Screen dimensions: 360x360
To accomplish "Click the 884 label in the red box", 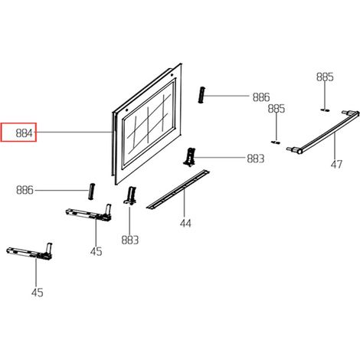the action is click(25, 133).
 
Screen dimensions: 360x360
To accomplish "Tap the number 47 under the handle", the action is click(336, 164).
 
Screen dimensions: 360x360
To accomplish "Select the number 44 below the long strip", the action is click(185, 224).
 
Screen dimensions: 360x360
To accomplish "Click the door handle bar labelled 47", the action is click(323, 133).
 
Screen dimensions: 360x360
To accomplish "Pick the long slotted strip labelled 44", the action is click(178, 189).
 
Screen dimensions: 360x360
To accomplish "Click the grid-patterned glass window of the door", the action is click(149, 123).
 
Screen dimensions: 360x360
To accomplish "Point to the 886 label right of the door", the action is click(261, 97).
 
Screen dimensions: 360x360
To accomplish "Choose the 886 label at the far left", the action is click(25, 190).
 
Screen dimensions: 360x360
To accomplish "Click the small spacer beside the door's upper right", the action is click(201, 95).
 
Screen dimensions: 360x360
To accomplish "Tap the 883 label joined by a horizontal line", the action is click(256, 159).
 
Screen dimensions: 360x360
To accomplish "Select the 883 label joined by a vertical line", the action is click(130, 240).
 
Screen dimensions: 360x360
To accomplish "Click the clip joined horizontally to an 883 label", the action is click(189, 157).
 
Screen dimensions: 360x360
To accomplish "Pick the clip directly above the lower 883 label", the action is click(130, 195).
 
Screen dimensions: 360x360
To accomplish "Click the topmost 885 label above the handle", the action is click(325, 77).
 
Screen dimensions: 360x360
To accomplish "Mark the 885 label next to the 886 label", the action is click(277, 109).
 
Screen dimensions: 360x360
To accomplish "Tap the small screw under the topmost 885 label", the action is click(325, 110).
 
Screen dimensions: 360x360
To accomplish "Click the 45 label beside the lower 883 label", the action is click(96, 252).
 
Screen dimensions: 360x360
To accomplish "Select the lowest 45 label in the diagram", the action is click(38, 293).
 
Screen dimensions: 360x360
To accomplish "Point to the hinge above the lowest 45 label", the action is click(30, 252).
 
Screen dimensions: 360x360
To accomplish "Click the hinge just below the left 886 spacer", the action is click(89, 212).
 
